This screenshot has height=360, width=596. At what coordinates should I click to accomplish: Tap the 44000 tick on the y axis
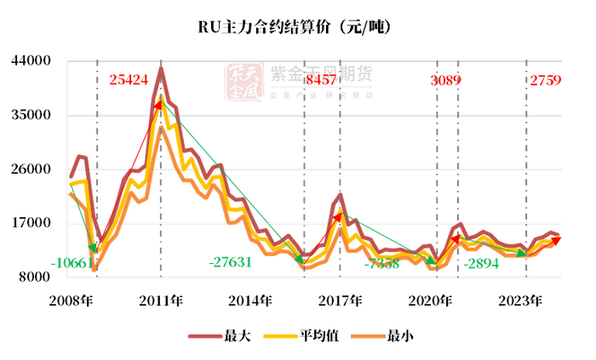click(32, 61)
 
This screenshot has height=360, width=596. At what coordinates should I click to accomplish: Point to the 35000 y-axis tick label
click(32, 116)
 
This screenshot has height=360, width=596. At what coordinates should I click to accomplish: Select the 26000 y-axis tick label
click(32, 169)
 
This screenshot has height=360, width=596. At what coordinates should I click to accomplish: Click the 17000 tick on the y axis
click(32, 223)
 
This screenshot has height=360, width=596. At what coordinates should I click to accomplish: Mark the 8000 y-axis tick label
click(35, 277)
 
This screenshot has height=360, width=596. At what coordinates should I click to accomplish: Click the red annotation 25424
click(129, 80)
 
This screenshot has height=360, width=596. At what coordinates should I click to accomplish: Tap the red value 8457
click(320, 80)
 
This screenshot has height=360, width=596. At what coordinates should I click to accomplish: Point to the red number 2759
click(546, 80)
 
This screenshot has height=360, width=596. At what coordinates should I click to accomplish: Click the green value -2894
click(488, 264)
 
